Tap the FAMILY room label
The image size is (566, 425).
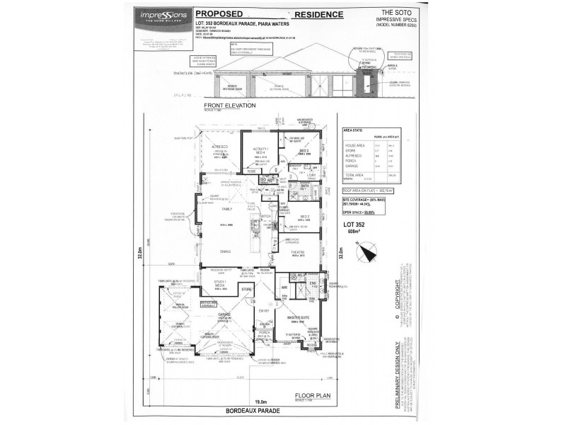click(x=228, y=210)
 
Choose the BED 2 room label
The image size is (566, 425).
click(x=305, y=217)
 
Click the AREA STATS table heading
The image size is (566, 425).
click(x=354, y=131)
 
